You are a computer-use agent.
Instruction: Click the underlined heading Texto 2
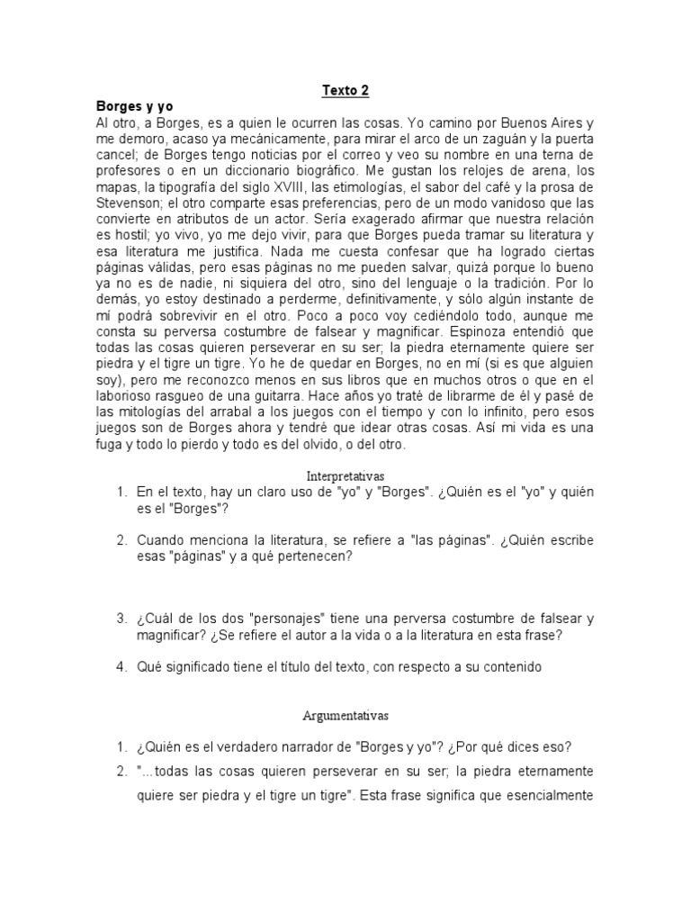pyautogui.click(x=345, y=91)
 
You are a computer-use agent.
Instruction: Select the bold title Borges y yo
pyautogui.click(x=134, y=106)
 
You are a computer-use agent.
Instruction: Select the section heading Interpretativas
pyautogui.click(x=345, y=475)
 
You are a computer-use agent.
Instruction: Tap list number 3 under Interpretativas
pyautogui.click(x=121, y=619)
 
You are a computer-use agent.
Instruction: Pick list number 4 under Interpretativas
pyautogui.click(x=121, y=667)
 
